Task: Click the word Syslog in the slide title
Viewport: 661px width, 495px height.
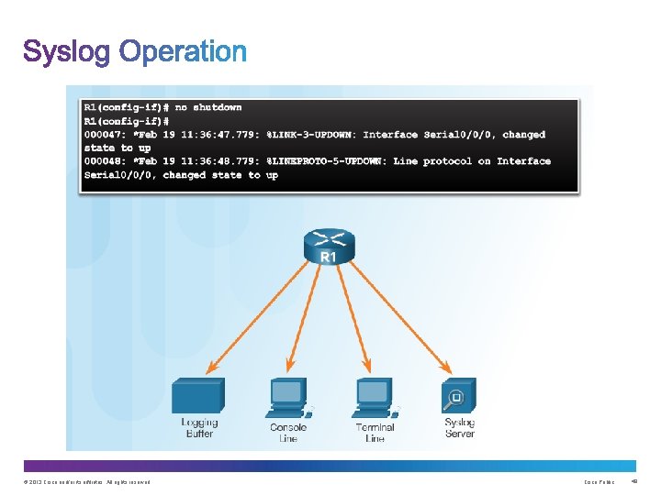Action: coord(67,52)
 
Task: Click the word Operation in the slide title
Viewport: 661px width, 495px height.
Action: coord(183,52)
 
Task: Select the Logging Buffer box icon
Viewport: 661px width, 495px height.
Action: coord(198,398)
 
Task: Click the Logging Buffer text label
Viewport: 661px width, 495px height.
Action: coord(199,428)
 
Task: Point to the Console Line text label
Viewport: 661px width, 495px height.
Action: coord(288,433)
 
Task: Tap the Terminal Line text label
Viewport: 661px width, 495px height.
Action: coord(375,433)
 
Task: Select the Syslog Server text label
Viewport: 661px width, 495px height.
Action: coord(459,428)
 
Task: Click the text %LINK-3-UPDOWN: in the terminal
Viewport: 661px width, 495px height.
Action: coord(311,135)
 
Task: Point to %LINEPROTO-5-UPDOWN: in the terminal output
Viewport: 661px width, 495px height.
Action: coord(327,161)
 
